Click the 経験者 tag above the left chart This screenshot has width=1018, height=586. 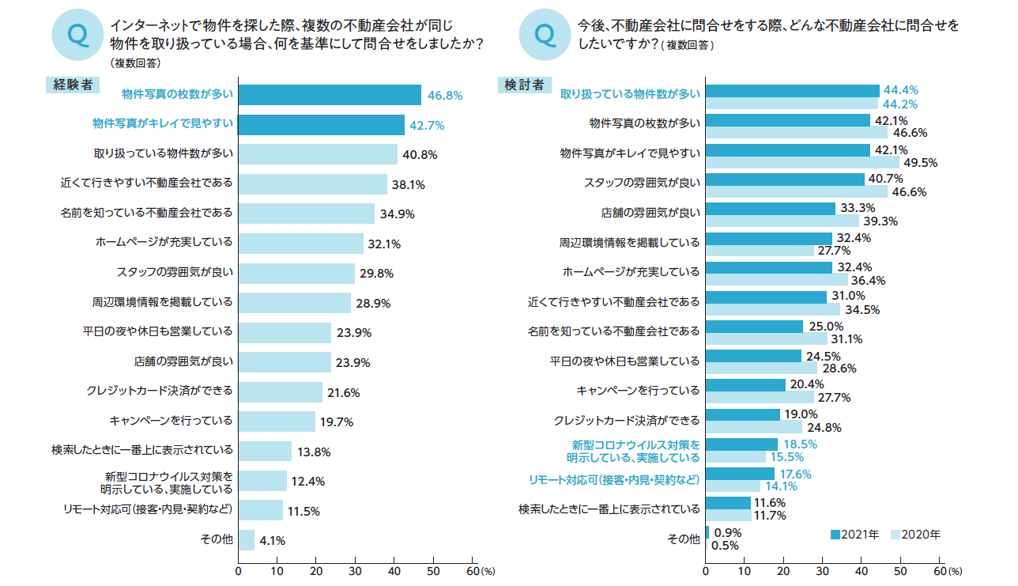75,85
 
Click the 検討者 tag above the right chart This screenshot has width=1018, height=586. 525,85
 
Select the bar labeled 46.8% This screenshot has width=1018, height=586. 330,95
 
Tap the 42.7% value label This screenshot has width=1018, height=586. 428,125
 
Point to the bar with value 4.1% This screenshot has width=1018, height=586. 247,540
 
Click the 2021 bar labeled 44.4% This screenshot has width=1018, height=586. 792,90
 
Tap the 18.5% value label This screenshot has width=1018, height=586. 800,444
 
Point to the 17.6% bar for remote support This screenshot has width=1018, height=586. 740,474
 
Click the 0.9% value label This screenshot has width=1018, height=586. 726,533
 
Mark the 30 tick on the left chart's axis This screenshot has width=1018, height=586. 355,570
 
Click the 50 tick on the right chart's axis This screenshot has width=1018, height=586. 900,570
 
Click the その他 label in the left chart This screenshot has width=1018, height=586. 217,539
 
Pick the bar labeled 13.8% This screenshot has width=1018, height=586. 265,451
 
